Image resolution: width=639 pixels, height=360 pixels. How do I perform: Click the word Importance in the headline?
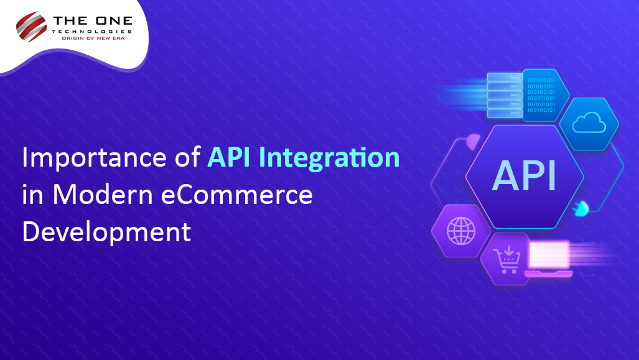point(93,158)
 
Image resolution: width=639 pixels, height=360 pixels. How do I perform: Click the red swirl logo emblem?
point(32,25)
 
